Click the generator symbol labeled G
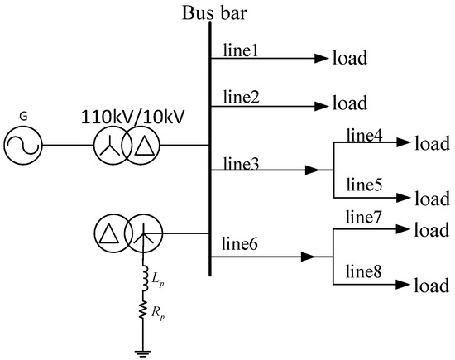pos(26,146)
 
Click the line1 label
pos(239,50)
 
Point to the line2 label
pos(240,97)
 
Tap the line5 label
pos(364,184)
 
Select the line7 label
pos(364,218)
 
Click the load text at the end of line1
pos(350,59)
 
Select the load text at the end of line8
pos(432,286)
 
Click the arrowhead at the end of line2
pos(319,106)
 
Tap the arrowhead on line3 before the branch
pos(311,170)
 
